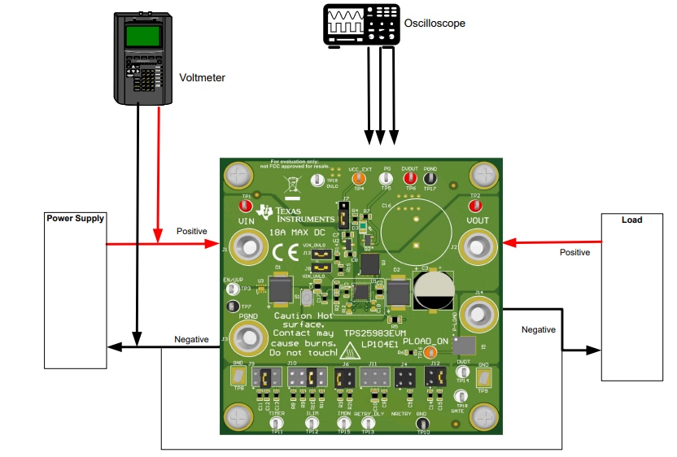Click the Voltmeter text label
click(x=202, y=78)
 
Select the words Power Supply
click(x=75, y=219)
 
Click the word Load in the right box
click(x=631, y=220)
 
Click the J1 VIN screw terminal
click(x=246, y=244)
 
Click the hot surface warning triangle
click(x=349, y=353)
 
